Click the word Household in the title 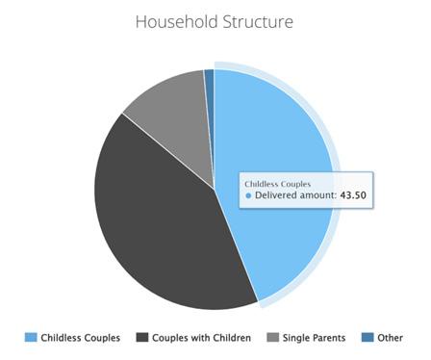177,22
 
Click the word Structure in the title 258,22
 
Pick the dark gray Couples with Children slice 161,224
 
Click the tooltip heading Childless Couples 278,184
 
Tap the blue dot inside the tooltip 248,195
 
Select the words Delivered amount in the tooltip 294,195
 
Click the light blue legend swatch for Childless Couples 31,337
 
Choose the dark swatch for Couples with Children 142,337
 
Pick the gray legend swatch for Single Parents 272,337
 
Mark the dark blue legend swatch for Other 368,337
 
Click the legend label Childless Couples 81,338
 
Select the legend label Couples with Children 201,338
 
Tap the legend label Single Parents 314,338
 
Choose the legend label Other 390,338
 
